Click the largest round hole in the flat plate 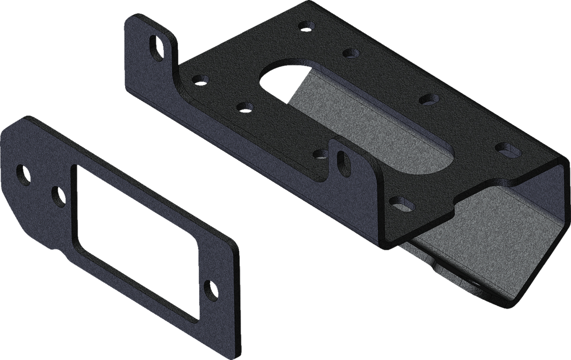pyautogui.click(x=23, y=175)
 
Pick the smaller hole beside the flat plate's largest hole pyautogui.click(x=59, y=195)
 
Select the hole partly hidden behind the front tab pyautogui.click(x=322, y=153)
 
